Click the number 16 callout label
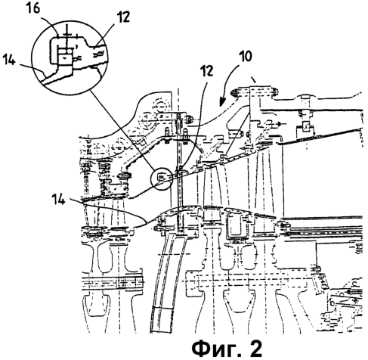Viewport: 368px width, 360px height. [34, 8]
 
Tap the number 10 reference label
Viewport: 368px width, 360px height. [246, 57]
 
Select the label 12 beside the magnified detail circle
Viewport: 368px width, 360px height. [123, 17]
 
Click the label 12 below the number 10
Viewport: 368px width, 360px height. [206, 71]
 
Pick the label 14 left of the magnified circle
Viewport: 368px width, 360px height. [9, 61]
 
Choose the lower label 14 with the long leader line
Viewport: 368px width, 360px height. [58, 200]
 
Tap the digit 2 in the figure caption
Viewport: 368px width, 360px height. [255, 349]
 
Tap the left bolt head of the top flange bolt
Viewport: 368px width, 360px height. [234, 93]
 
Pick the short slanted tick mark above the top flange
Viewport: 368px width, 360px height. [254, 80]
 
